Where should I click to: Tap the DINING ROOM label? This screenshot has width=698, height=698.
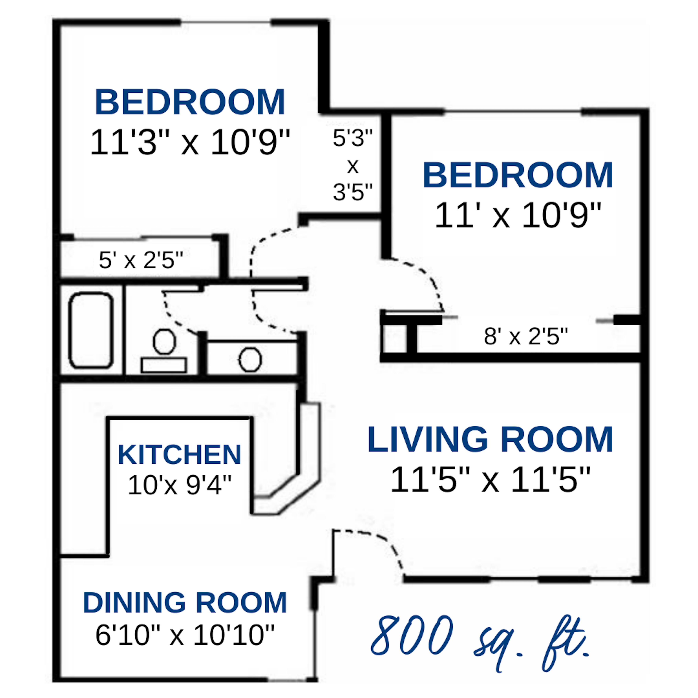[185, 603]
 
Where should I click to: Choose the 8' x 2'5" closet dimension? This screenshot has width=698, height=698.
[526, 336]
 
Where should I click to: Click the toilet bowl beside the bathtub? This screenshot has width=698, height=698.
[164, 341]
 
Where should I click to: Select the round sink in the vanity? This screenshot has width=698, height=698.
[250, 359]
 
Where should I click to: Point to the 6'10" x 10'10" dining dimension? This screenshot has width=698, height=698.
[185, 635]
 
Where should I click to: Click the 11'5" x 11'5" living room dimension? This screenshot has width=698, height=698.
[490, 479]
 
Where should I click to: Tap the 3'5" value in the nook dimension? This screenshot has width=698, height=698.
[353, 192]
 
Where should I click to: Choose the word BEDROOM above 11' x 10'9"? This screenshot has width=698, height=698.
[518, 176]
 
